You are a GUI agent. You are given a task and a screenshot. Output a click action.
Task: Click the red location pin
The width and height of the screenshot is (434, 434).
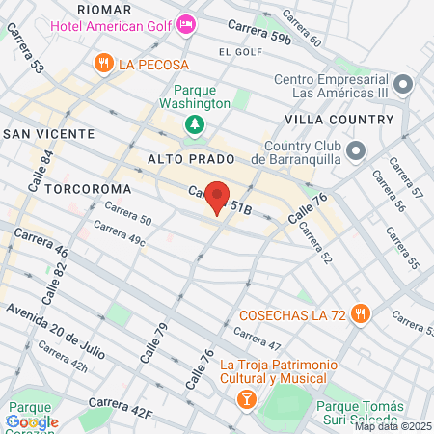tap(217, 196)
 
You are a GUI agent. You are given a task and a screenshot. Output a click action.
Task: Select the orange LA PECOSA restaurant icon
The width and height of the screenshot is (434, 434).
tap(103, 64)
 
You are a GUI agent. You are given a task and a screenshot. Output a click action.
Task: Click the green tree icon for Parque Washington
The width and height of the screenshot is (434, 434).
tap(195, 123)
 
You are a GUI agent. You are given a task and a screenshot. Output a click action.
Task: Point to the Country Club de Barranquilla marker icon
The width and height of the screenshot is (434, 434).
tap(357, 150)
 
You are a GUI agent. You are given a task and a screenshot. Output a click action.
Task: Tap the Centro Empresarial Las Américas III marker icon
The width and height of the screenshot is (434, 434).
tap(382, 84)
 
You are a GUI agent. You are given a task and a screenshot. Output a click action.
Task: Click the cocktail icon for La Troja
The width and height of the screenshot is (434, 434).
tap(246, 395)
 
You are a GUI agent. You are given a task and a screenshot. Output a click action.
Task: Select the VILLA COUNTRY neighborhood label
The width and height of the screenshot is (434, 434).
tap(339, 119)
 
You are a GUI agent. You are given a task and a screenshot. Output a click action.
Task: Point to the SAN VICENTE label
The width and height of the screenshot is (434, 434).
tap(41, 133)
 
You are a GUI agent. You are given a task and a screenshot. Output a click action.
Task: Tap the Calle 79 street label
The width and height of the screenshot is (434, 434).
tap(152, 343)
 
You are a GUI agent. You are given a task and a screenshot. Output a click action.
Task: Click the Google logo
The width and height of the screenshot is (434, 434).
tap(32, 421)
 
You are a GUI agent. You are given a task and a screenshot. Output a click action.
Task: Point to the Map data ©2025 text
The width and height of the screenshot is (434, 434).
tap(393, 426)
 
